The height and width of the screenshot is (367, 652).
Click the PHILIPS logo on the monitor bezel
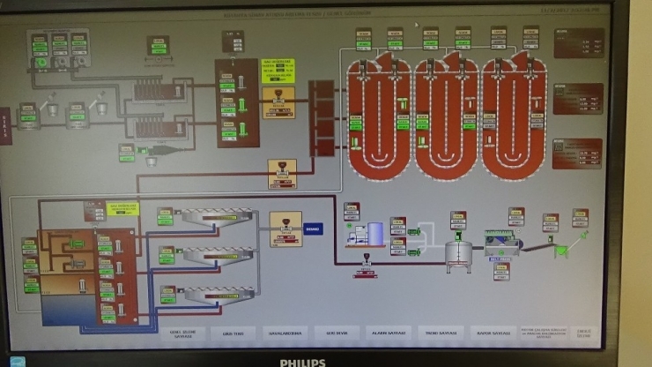[302, 362]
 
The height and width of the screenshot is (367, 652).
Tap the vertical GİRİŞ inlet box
[5, 123]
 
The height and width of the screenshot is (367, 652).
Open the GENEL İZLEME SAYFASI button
[181, 334]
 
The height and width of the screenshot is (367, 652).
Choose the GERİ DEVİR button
[337, 333]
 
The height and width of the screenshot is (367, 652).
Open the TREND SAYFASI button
[439, 333]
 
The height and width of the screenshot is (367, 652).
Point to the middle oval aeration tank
[447, 119]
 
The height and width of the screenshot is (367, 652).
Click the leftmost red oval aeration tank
[380, 119]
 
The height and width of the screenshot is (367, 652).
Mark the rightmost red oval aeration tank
[515, 119]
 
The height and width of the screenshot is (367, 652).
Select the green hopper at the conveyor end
[561, 251]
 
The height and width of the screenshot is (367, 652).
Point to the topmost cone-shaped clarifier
[216, 217]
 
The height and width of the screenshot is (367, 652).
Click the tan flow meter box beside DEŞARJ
[285, 228]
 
